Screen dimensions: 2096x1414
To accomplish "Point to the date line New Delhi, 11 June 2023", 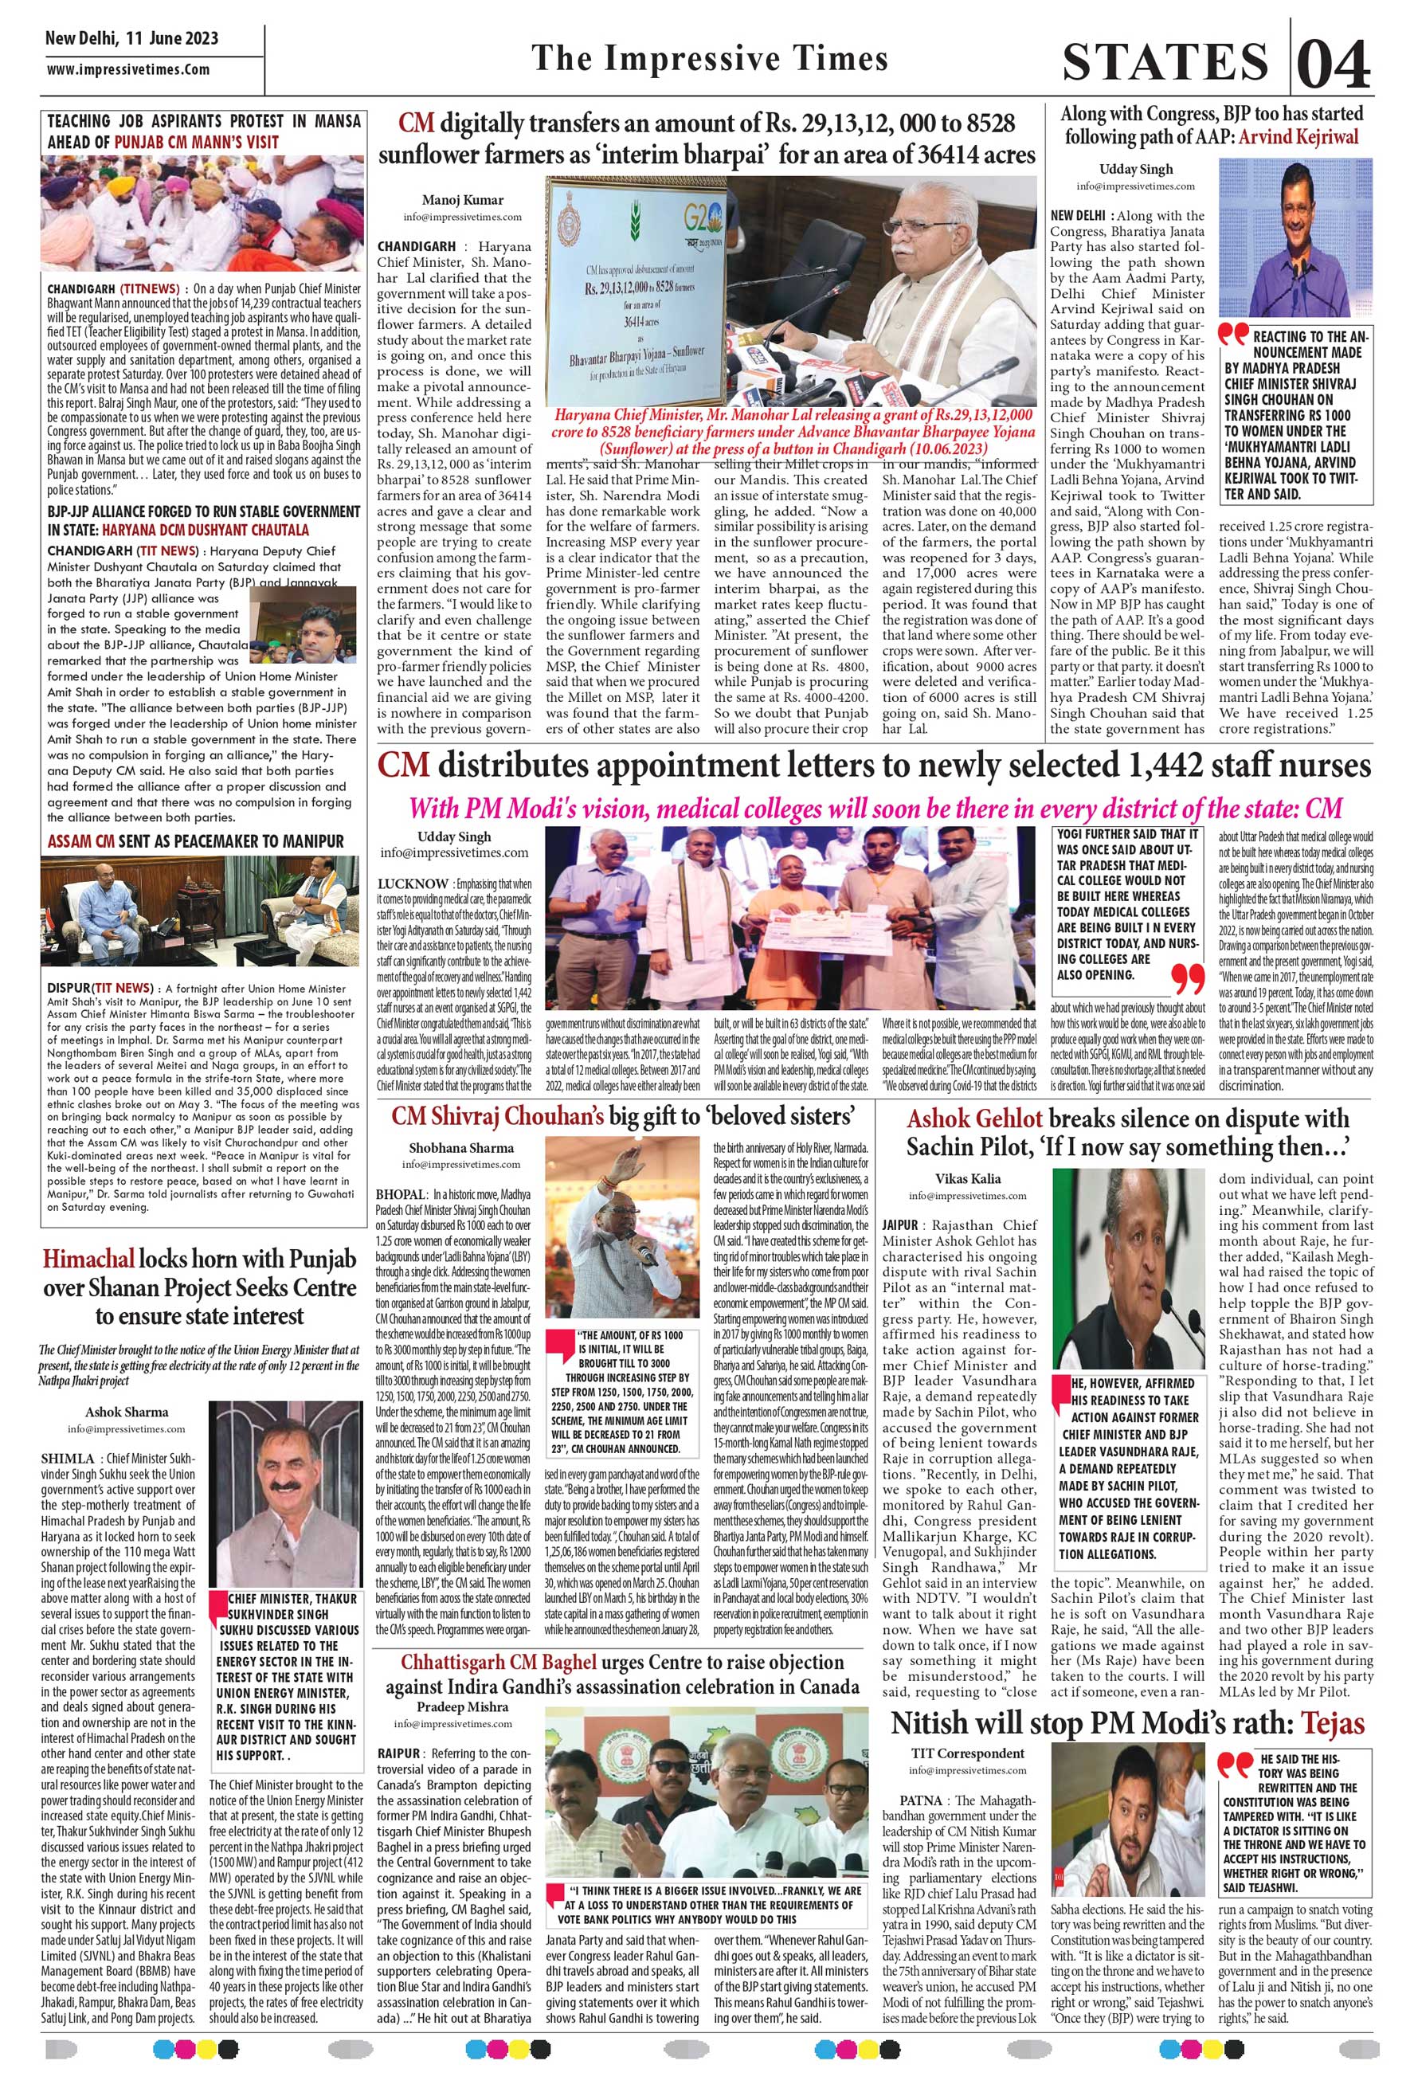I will coord(131,39).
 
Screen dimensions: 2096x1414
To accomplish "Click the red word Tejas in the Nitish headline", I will coord(1332,1723).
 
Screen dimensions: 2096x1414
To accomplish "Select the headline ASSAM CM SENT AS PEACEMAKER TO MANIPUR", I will coord(196,841).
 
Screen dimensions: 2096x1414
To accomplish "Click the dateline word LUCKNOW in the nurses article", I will coord(413,883).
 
